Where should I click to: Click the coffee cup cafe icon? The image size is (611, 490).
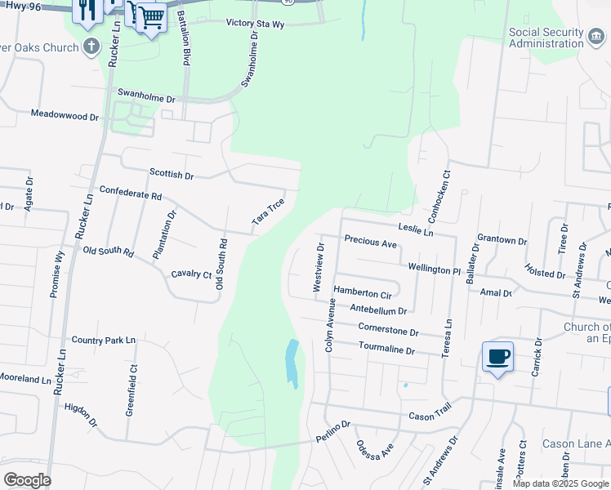coord(497,357)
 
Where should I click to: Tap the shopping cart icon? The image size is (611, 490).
coord(150,16)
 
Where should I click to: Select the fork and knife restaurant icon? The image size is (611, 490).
coord(86,11)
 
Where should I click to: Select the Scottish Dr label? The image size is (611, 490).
coord(172,175)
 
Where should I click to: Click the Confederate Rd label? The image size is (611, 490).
coord(131,192)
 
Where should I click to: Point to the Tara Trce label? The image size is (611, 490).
coord(268,212)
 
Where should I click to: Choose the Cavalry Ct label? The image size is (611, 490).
coord(191,274)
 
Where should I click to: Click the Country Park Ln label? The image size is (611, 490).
coord(103,340)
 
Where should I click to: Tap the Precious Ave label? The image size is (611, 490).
coord(370,242)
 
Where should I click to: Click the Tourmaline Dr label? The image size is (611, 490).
coord(387,350)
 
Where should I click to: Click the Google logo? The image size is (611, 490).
coord(27,480)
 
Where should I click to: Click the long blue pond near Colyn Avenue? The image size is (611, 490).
coord(292,363)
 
